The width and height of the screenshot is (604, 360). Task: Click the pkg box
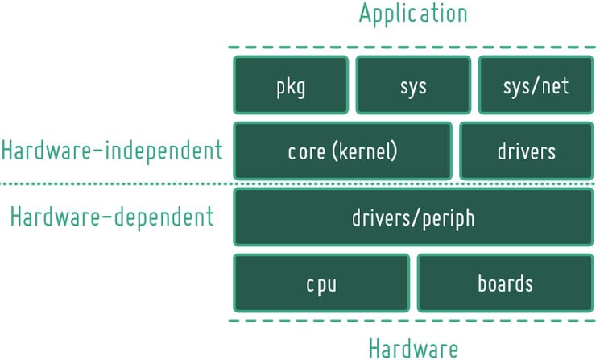[x=291, y=85]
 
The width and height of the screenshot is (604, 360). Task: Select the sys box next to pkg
[x=412, y=85]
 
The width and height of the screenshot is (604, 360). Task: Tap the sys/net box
[x=535, y=85]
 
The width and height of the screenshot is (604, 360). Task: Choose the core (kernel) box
[x=342, y=151]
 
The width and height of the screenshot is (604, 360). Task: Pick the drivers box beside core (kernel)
[x=526, y=151]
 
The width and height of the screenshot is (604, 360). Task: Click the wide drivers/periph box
[x=412, y=217]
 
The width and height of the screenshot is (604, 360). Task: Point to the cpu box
[x=321, y=283]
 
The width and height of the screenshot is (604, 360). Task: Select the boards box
[x=505, y=283]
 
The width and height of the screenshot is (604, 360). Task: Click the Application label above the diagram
[x=412, y=14]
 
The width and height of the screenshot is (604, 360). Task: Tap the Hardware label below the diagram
[x=413, y=348]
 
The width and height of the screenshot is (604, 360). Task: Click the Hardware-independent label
[x=111, y=151]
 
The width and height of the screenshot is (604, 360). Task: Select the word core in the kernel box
[x=304, y=151]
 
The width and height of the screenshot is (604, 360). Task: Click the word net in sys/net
[x=555, y=85]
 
